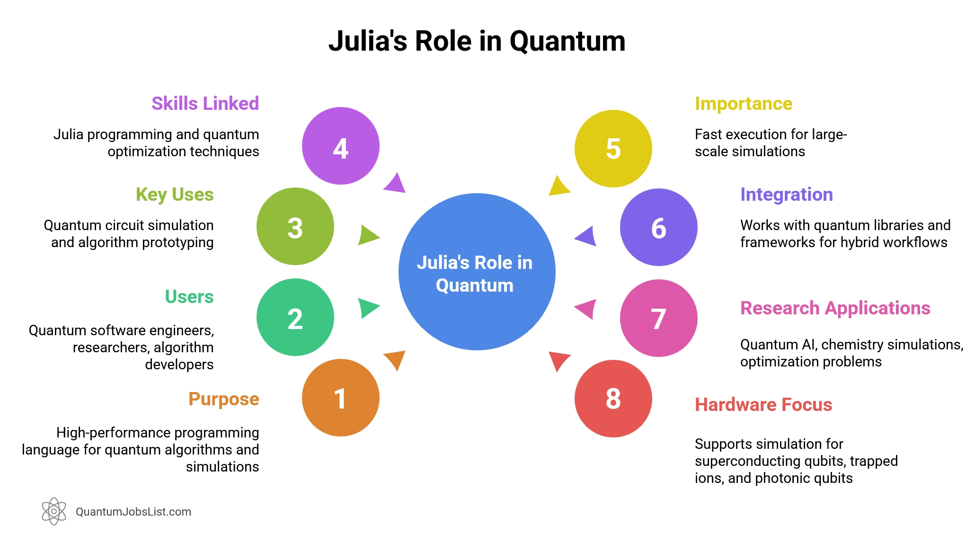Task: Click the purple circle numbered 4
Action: click(340, 146)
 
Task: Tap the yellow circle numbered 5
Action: click(613, 149)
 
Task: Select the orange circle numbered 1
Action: click(340, 398)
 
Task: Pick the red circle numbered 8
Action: click(613, 399)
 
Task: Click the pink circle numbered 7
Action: click(658, 318)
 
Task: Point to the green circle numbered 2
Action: click(295, 317)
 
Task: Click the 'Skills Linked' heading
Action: click(205, 103)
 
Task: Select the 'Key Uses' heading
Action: click(175, 195)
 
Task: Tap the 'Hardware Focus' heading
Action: click(763, 405)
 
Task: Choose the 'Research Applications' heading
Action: click(835, 308)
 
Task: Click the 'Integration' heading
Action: click(786, 195)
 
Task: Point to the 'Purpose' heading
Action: click(223, 399)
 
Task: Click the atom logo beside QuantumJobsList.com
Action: click(54, 511)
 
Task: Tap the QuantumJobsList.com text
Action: click(133, 512)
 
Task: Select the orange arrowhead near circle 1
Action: click(396, 359)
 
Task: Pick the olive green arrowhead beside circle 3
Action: click(367, 235)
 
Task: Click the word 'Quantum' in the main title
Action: click(567, 41)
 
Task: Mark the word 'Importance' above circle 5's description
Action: click(743, 104)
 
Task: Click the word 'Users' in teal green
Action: click(189, 297)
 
